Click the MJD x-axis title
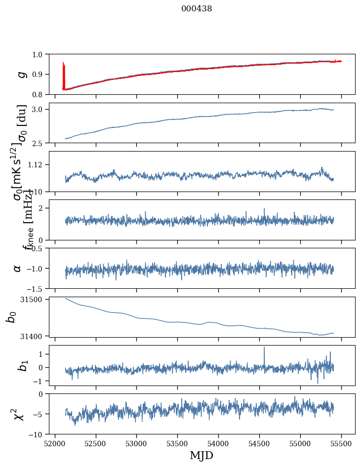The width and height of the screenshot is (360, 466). click(201, 455)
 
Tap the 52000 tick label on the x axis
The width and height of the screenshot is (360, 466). click(55, 443)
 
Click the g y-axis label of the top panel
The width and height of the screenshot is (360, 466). click(21, 74)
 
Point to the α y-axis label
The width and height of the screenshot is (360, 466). click(17, 268)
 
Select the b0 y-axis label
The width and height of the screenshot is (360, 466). click(11, 316)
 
